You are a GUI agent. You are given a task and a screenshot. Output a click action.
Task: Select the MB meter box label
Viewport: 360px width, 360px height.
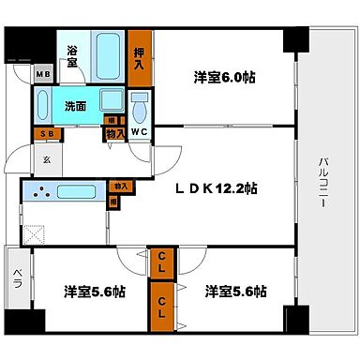click(x=42, y=74)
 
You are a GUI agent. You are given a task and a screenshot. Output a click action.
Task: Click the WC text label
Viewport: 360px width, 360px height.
click(x=139, y=133)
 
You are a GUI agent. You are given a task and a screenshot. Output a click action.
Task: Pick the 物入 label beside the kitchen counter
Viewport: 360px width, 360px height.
click(x=120, y=187)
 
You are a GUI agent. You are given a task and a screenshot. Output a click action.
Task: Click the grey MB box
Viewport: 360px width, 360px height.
click(x=42, y=74)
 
